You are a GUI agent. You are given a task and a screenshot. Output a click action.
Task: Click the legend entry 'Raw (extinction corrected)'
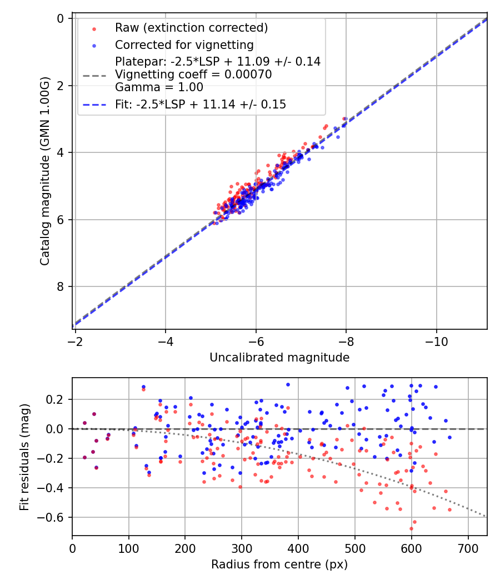tap(191, 28)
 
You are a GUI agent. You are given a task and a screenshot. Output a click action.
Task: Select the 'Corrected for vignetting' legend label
tap(184, 45)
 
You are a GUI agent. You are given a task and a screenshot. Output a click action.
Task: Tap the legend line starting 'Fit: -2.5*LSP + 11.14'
tap(201, 105)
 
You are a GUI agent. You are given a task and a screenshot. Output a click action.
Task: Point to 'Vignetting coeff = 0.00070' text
tap(193, 75)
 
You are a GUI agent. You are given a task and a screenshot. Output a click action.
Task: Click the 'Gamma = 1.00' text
tap(159, 87)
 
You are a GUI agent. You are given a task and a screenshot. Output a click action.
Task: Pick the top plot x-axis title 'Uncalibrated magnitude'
tap(279, 358)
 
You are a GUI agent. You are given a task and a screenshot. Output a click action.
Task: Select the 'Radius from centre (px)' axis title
tap(279, 565)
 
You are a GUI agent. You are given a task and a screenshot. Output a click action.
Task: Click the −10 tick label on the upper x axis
tap(436, 340)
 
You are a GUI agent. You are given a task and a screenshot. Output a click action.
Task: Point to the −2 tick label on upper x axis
tap(76, 340)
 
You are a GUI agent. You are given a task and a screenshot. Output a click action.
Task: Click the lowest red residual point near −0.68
tap(411, 528)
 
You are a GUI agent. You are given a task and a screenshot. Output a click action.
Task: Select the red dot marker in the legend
tap(94, 28)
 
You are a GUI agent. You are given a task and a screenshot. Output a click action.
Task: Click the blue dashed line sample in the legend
tap(94, 105)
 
